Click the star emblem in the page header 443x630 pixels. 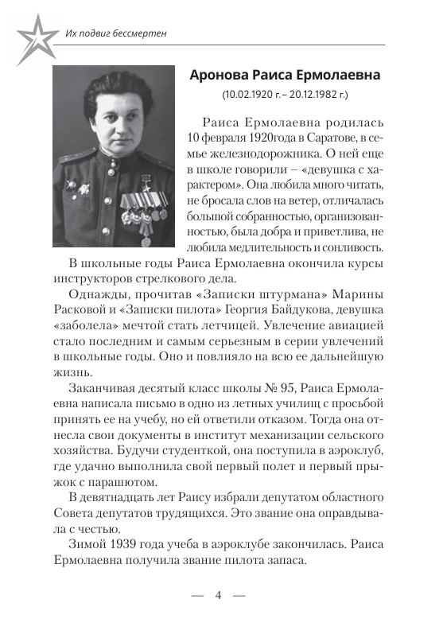tap(31, 36)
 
